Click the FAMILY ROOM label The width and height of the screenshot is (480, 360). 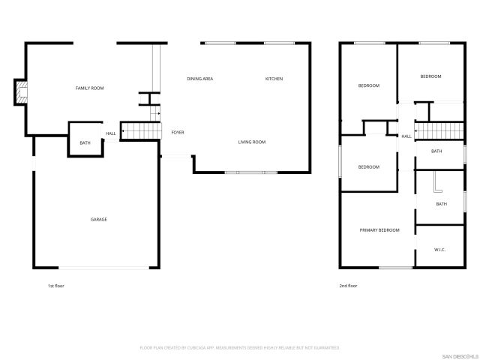coord(89,88)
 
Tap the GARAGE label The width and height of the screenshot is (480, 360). coord(99,219)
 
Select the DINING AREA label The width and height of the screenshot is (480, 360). coord(200,79)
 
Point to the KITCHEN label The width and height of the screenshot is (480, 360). coord(274,79)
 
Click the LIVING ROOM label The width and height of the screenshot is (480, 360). coord(252,142)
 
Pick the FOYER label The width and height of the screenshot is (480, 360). coord(178,133)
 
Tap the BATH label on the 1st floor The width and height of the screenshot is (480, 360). coord(85,142)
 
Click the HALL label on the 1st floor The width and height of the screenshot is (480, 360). coord(111,133)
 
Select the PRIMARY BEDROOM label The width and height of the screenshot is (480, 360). coord(379,229)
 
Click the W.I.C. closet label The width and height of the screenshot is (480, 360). coord(440,249)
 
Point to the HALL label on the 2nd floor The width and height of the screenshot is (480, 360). coord(406,136)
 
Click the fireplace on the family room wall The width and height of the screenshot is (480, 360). coord(22,92)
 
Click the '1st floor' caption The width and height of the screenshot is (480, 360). coord(56,286)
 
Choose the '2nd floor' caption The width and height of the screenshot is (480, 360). coord(348,286)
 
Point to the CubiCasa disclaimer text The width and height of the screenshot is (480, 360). coord(240,348)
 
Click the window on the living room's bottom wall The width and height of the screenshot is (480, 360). coord(251,173)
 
